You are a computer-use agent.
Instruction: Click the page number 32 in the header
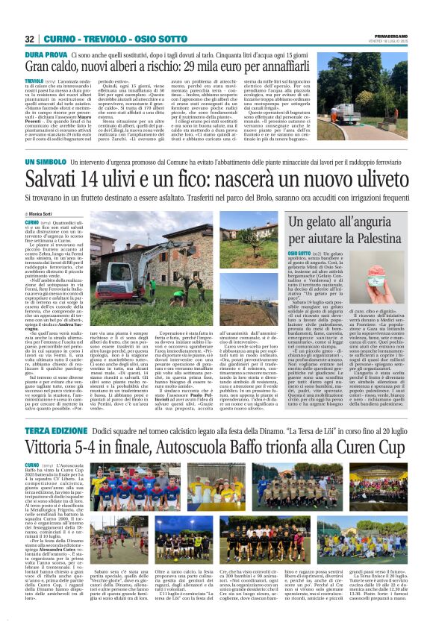coord(30,39)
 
